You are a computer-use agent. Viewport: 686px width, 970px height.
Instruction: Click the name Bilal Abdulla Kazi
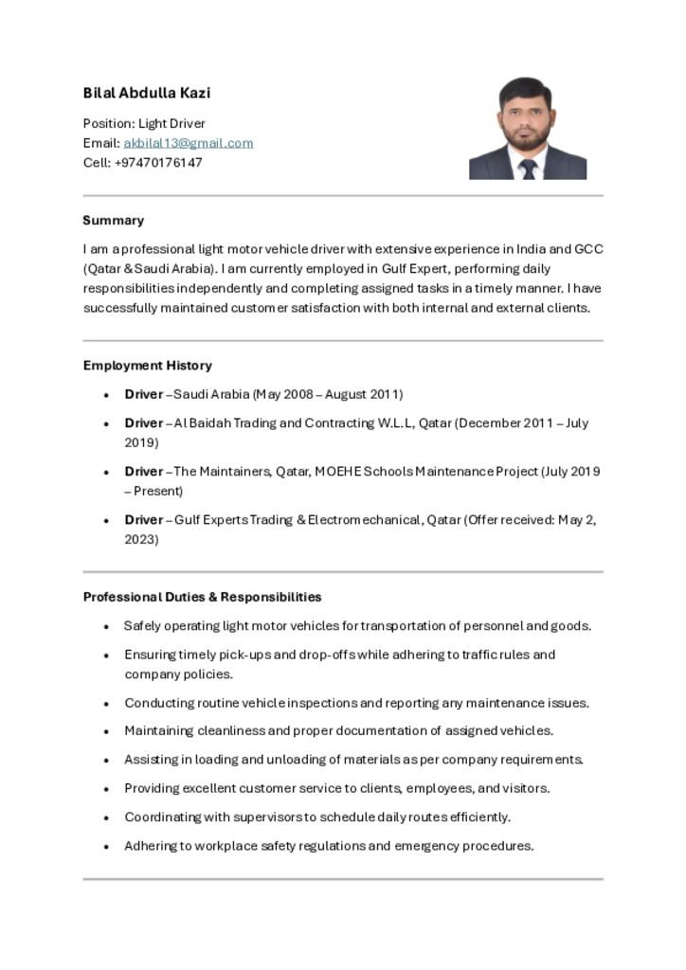[147, 93]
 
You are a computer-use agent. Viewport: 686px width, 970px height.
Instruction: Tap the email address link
[188, 143]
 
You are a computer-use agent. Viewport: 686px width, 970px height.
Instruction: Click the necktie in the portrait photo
[528, 169]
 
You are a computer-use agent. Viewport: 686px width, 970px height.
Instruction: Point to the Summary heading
[114, 220]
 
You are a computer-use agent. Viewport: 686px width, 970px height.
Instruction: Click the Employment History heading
[147, 365]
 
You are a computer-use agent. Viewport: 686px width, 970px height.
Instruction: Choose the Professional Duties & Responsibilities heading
[202, 597]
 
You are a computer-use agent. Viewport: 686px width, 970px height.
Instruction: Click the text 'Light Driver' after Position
[171, 123]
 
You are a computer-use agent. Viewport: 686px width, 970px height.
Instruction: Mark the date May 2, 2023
[576, 520]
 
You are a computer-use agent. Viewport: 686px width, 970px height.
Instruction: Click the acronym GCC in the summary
[588, 249]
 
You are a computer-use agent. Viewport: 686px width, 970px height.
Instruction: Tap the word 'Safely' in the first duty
[143, 626]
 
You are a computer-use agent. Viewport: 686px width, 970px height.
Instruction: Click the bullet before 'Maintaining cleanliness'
[106, 731]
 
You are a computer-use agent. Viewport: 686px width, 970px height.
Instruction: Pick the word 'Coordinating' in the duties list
[162, 817]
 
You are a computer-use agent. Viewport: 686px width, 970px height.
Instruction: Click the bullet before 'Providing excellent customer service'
[106, 788]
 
